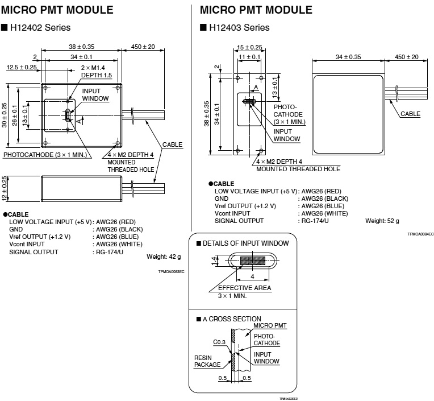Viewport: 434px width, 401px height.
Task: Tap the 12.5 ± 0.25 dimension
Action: [x=22, y=67]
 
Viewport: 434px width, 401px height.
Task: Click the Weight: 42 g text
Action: [x=164, y=257]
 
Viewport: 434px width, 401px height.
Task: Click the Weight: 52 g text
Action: [x=382, y=220]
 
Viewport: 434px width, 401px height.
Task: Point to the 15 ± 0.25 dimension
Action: [x=249, y=47]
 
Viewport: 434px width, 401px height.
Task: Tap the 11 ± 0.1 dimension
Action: [x=249, y=57]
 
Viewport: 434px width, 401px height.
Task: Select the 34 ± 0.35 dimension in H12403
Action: [x=348, y=57]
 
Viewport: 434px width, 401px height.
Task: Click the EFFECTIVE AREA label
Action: [x=244, y=288]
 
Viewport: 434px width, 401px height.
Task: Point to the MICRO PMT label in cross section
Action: [x=270, y=325]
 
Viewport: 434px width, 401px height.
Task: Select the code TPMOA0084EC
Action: [x=420, y=234]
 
